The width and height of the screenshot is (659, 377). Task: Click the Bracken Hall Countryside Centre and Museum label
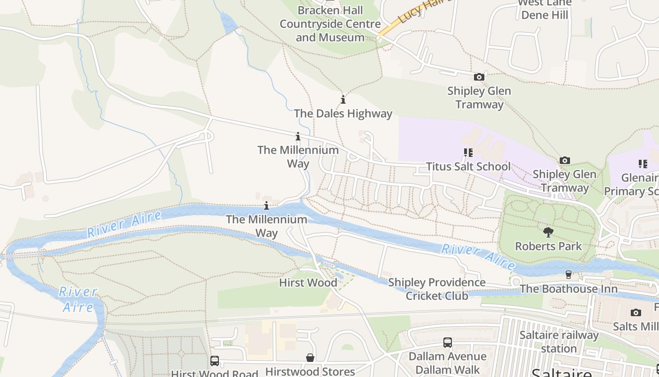pyautogui.click(x=329, y=24)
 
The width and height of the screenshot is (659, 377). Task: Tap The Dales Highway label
pyautogui.click(x=343, y=114)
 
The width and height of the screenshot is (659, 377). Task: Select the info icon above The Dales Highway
pyautogui.click(x=343, y=99)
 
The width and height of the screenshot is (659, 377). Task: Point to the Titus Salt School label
pyautogui.click(x=468, y=166)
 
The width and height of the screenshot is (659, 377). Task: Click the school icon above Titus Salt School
pyautogui.click(x=468, y=153)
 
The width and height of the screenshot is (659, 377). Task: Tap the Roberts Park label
pyautogui.click(x=548, y=246)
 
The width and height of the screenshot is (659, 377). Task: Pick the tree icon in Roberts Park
pyautogui.click(x=548, y=232)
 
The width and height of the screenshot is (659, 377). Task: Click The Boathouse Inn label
pyautogui.click(x=569, y=288)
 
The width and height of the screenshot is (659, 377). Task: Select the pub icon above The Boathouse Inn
pyautogui.click(x=569, y=275)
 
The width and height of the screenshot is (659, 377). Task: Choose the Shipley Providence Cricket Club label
pyautogui.click(x=437, y=289)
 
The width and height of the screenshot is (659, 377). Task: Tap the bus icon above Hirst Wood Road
pyautogui.click(x=215, y=361)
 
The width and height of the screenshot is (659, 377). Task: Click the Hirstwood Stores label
pyautogui.click(x=310, y=371)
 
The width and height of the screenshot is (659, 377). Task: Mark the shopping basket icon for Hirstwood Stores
pyautogui.click(x=310, y=358)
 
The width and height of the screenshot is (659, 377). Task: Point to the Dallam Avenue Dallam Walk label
pyautogui.click(x=447, y=363)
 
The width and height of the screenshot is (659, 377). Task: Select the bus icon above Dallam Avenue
pyautogui.click(x=447, y=343)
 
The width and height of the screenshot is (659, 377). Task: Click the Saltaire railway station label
pyautogui.click(x=559, y=342)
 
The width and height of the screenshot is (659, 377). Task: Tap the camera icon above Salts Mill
pyautogui.click(x=635, y=312)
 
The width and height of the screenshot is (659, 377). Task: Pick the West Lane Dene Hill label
pyautogui.click(x=545, y=9)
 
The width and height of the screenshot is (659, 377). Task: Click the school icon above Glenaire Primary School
pyautogui.click(x=643, y=164)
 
